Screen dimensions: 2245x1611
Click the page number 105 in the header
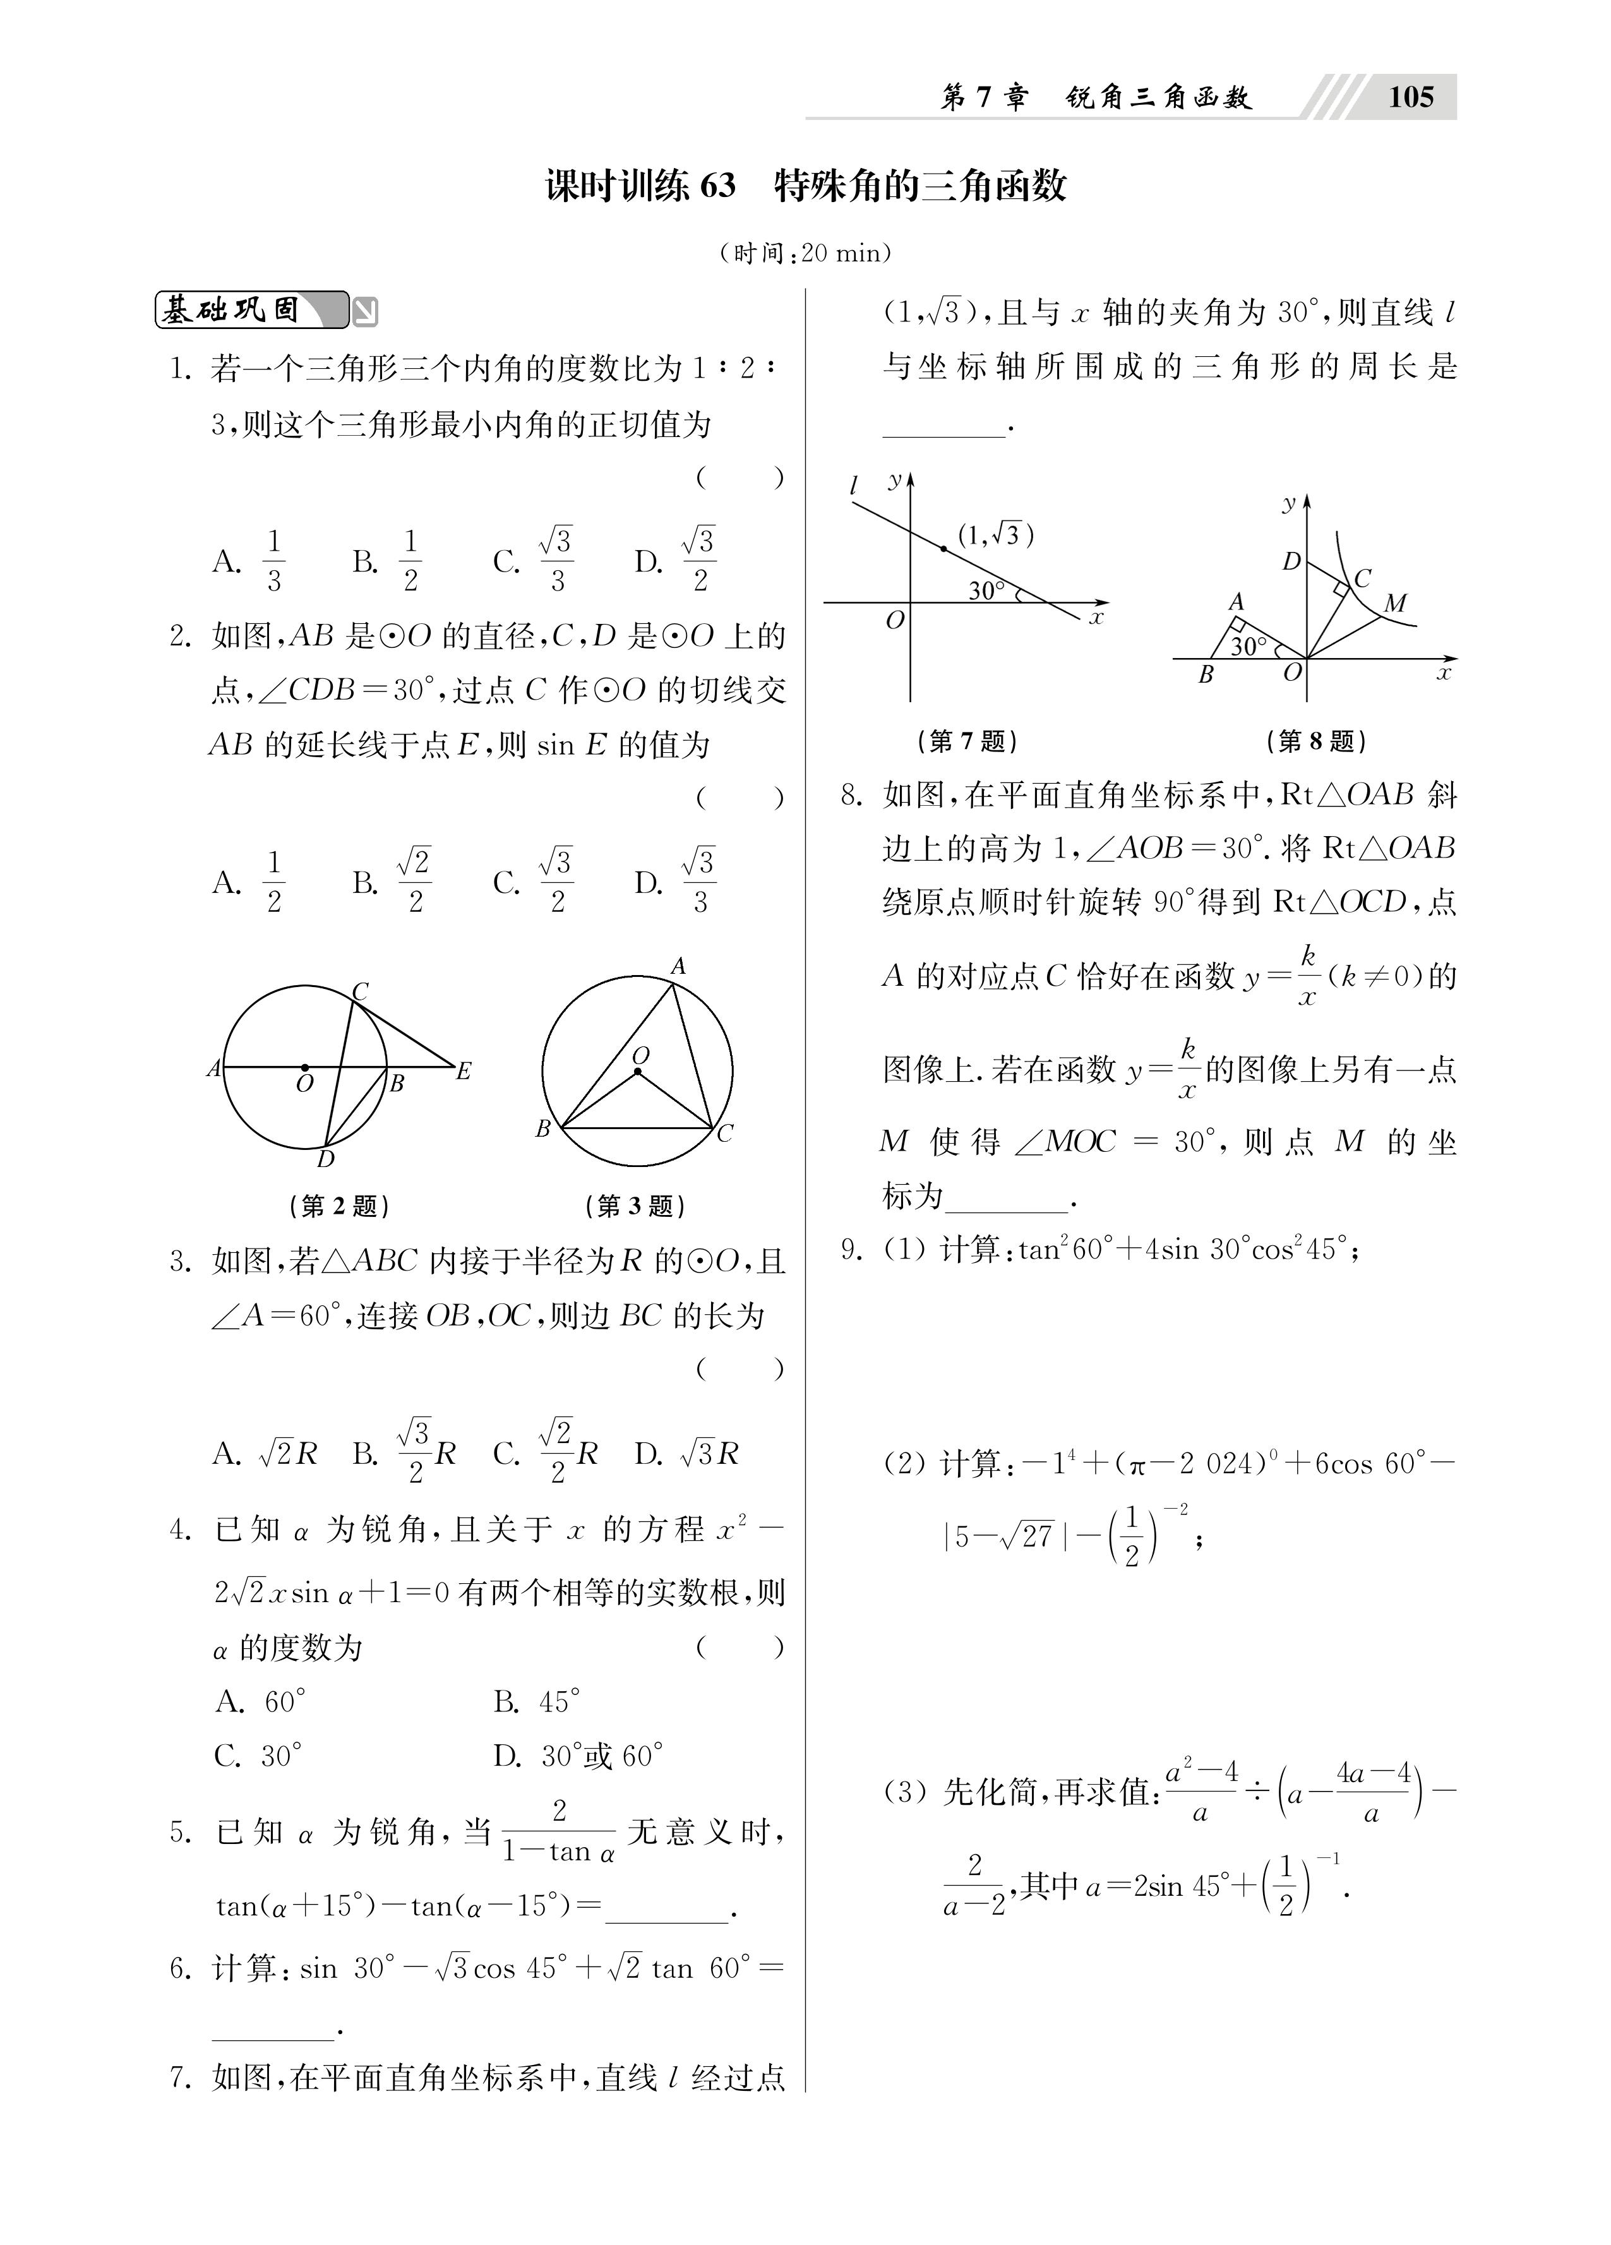[1410, 97]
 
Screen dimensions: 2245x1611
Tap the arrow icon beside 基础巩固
[366, 313]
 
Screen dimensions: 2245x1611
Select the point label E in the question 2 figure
[462, 1070]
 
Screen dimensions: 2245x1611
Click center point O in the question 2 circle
[304, 1068]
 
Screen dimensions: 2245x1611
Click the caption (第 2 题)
[338, 1206]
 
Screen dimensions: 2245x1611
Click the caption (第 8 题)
[1316, 740]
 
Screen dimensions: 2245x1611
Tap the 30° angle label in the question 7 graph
[986, 591]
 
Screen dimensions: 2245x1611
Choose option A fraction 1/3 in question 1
[273, 561]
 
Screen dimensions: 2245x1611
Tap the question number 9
[851, 1249]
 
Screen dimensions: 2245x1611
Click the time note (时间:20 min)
[805, 253]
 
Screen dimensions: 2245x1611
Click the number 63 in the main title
[717, 186]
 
